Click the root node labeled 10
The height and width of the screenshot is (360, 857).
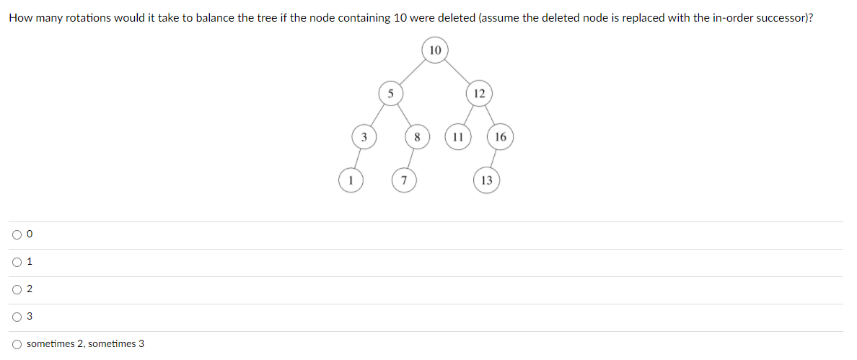click(x=435, y=51)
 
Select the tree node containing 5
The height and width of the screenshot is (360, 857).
click(x=390, y=93)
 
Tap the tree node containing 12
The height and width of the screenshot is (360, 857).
click(x=479, y=93)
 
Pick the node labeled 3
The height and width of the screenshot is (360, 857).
click(x=364, y=136)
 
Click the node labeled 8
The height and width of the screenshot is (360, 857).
click(x=417, y=136)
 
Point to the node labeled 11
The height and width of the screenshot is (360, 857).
click(x=457, y=136)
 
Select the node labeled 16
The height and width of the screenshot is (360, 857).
click(x=501, y=136)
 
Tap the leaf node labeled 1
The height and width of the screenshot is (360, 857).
click(x=351, y=180)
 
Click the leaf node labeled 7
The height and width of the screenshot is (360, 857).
click(x=404, y=180)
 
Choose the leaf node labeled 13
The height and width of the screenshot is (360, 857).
click(x=487, y=180)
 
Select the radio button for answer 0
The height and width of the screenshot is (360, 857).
click(x=16, y=234)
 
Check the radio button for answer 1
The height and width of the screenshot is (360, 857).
click(x=16, y=262)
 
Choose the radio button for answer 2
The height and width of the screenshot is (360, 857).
click(x=16, y=289)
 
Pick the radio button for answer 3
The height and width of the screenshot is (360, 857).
click(x=16, y=317)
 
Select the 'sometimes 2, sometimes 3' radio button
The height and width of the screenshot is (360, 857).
click(x=16, y=344)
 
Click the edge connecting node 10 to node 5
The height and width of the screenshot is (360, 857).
click(x=413, y=72)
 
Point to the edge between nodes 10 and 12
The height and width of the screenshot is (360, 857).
click(x=457, y=72)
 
